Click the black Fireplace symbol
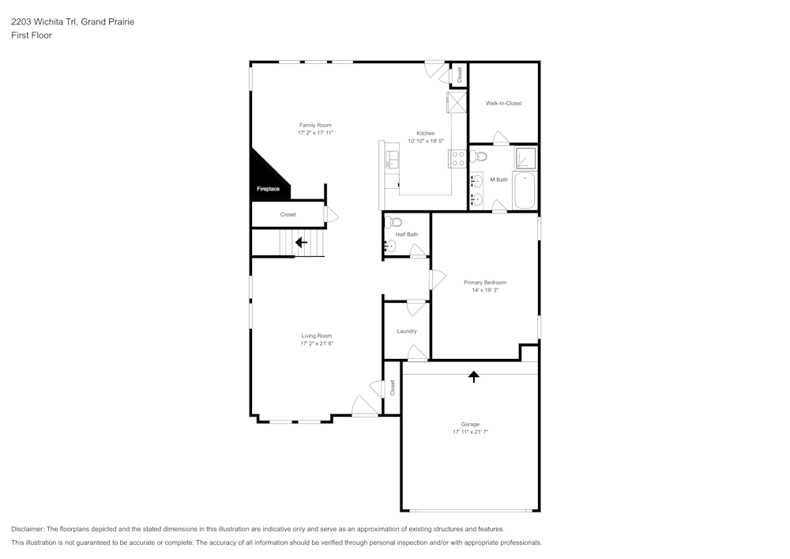266,177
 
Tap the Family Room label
314,125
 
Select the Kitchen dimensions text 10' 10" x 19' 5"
426,142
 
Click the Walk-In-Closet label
503,104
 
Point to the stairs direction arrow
301,242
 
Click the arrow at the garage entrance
474,376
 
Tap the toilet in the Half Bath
395,222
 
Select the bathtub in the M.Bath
525,191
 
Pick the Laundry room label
407,331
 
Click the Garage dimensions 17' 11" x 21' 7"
470,432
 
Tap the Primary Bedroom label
485,282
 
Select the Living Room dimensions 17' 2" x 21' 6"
316,344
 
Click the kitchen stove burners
457,158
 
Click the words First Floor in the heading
32,36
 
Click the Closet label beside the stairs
288,214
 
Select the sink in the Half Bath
390,247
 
